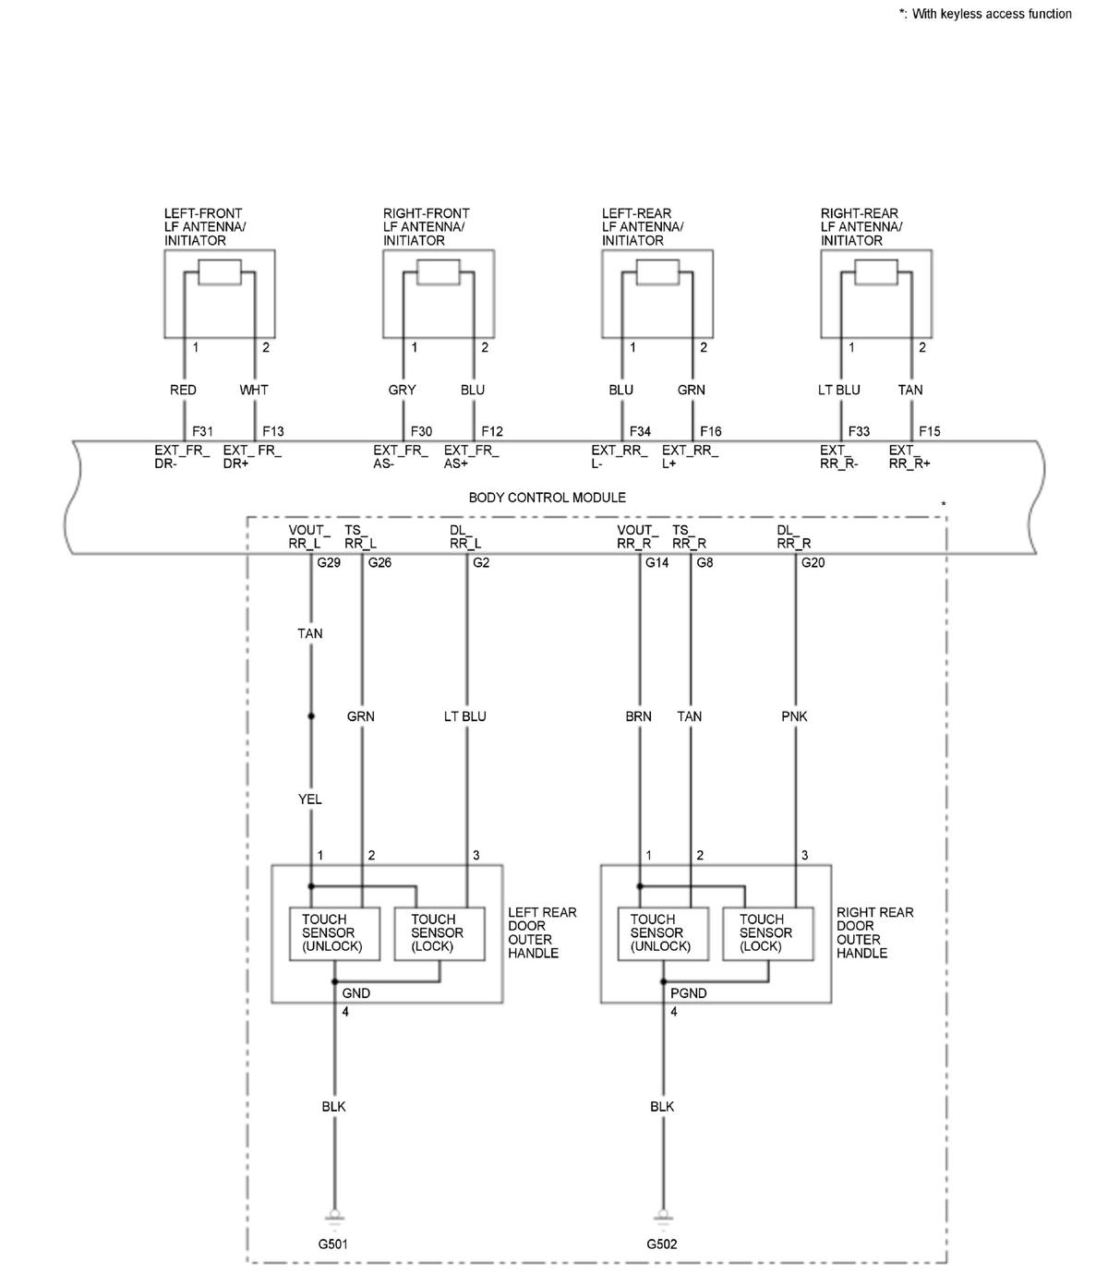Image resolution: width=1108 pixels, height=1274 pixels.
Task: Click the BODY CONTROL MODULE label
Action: (x=547, y=498)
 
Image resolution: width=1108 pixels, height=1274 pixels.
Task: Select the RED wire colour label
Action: (x=183, y=390)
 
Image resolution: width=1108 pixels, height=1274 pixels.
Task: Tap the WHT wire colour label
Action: (x=254, y=390)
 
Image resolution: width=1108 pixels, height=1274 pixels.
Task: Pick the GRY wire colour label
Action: (x=402, y=390)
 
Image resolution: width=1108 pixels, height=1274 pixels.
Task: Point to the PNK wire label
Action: (x=793, y=716)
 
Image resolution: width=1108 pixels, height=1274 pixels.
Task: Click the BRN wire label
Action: (x=638, y=716)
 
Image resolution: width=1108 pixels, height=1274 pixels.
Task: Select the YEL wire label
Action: (x=310, y=799)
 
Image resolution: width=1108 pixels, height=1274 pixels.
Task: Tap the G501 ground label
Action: (x=333, y=1244)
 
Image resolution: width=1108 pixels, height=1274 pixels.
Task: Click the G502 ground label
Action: (x=662, y=1244)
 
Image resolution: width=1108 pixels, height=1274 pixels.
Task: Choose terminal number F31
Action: (x=202, y=431)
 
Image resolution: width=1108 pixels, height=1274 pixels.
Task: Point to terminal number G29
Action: (x=329, y=562)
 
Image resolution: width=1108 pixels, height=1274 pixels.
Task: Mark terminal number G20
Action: (x=813, y=562)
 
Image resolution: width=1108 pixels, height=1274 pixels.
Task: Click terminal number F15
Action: (x=930, y=431)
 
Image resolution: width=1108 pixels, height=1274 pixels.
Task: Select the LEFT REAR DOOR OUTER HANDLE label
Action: (x=542, y=932)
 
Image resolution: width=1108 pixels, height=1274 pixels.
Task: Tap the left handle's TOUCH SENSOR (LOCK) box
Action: (x=439, y=933)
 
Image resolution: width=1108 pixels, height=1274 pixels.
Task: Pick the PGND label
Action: (x=688, y=993)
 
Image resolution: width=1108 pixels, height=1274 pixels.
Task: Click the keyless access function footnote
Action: (x=985, y=14)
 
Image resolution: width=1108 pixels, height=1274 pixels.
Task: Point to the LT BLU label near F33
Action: (x=838, y=390)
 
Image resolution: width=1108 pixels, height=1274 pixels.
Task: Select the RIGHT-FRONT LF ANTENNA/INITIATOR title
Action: (x=426, y=227)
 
